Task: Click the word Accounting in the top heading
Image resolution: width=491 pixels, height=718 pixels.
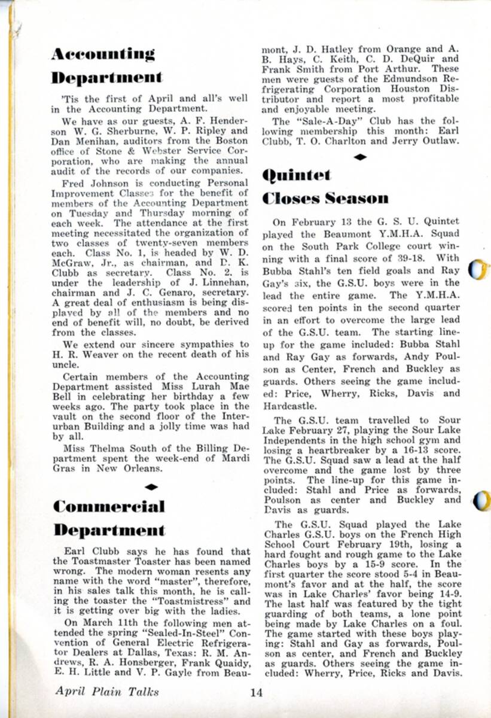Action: [x=103, y=54]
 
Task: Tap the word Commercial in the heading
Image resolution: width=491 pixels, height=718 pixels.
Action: [x=108, y=506]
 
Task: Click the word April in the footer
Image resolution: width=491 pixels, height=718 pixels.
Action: [x=69, y=692]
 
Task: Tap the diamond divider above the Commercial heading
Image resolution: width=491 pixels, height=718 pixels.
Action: [x=151, y=487]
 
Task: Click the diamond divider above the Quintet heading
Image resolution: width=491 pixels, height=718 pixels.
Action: [x=361, y=157]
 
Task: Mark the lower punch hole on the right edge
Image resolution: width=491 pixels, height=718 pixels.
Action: [x=481, y=501]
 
